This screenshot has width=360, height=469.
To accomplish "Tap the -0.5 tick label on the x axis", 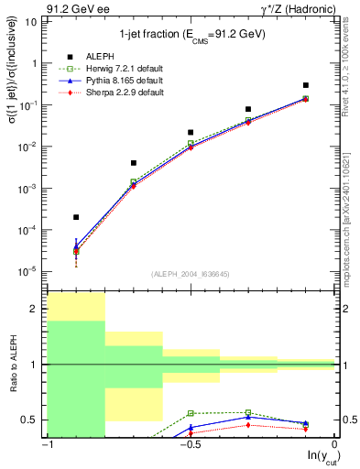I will (191, 444).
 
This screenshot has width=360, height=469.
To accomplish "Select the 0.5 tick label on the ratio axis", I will (33, 420).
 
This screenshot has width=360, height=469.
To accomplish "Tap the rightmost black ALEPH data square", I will (306, 85).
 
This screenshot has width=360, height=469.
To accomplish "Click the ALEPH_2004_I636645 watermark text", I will (191, 274).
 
